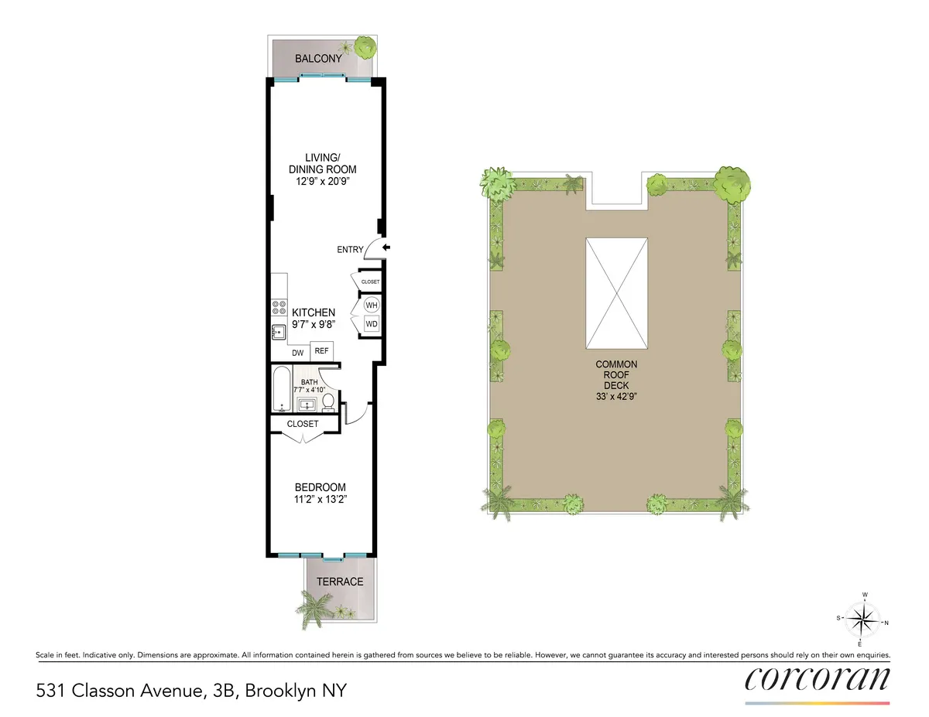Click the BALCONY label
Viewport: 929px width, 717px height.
[318, 59]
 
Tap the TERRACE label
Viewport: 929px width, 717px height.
[341, 582]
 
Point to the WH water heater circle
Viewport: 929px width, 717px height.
[371, 305]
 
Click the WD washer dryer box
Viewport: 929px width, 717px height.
[371, 324]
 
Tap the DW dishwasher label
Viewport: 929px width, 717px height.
[298, 353]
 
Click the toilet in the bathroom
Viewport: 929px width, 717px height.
[328, 401]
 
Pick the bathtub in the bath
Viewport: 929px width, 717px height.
[280, 391]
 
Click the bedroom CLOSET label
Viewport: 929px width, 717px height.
[303, 424]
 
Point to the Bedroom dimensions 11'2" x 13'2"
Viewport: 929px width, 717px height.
[320, 499]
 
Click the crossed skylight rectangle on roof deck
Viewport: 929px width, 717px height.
[616, 293]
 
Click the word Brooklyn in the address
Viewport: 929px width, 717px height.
[276, 690]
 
